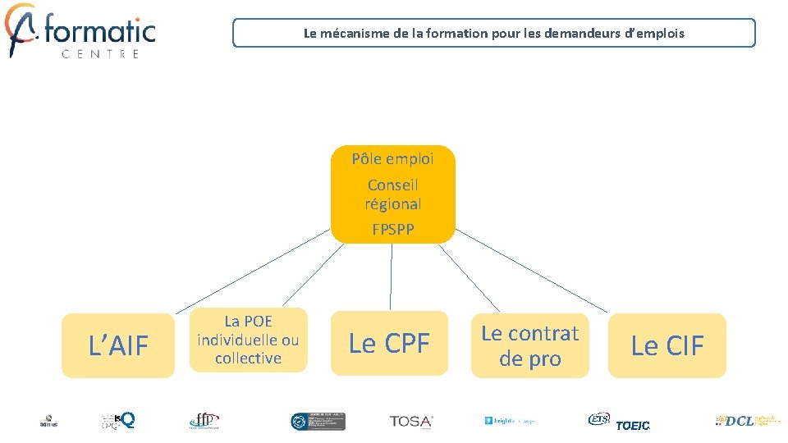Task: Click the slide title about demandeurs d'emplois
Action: click(493, 34)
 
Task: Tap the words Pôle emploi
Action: click(392, 159)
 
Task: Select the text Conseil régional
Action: click(392, 194)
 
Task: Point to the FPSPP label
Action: click(392, 230)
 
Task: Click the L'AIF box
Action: click(118, 346)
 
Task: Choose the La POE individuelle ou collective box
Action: click(248, 340)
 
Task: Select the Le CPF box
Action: click(389, 344)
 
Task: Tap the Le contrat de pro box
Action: click(529, 345)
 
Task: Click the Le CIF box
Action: click(667, 346)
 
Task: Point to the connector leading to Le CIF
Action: click(532, 270)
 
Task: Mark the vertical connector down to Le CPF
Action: click(391, 277)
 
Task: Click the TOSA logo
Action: click(411, 422)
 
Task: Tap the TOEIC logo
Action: click(633, 425)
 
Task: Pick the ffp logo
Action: click(204, 421)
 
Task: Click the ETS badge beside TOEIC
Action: click(598, 419)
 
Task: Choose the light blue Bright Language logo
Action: click(509, 421)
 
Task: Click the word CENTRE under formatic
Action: click(100, 54)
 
